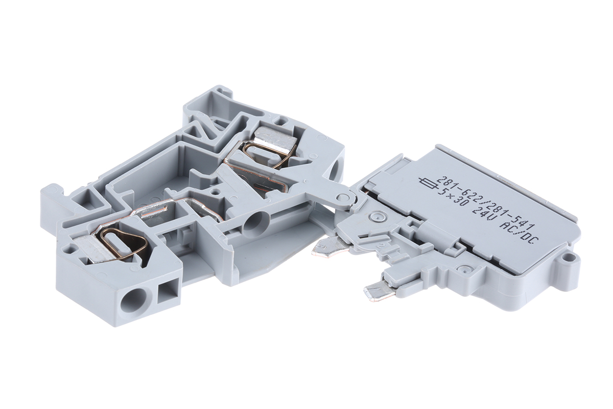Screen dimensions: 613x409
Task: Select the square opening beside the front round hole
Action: (x=167, y=293)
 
